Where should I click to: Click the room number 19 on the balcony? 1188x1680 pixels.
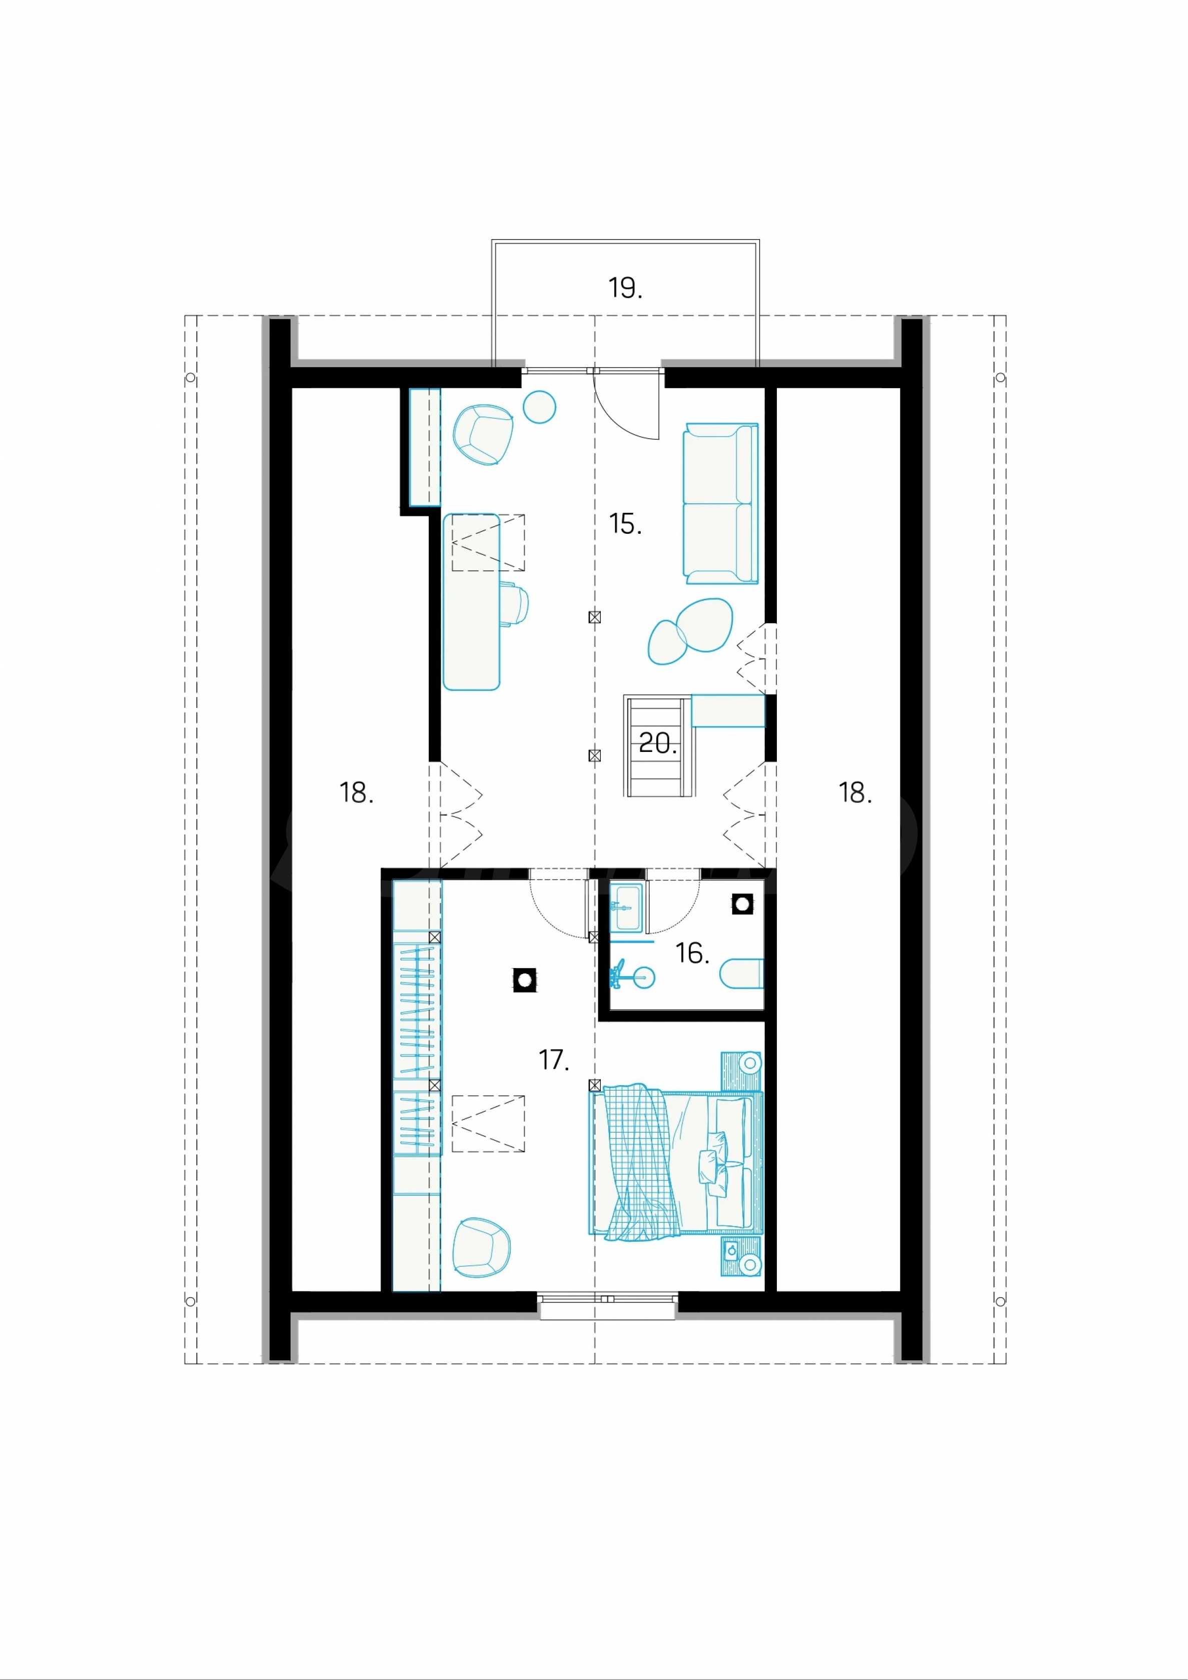[x=625, y=288]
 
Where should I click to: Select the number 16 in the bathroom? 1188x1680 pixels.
[x=692, y=954]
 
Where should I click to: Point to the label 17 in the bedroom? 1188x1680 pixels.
[x=554, y=1060]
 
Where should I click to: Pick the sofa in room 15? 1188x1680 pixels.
[x=721, y=503]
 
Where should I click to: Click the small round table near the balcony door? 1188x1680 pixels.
[x=541, y=406]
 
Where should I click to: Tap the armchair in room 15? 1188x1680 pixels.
[x=484, y=435]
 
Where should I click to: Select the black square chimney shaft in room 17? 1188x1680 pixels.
[x=525, y=980]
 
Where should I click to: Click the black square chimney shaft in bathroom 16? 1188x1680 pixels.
[x=742, y=904]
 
